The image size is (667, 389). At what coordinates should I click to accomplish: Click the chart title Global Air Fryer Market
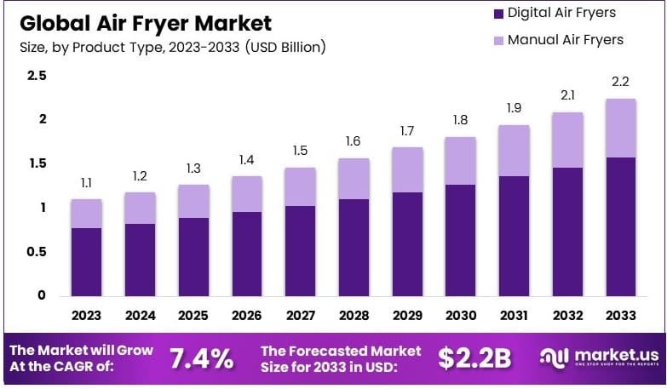[145, 22]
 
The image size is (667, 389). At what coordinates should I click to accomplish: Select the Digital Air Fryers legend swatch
[496, 13]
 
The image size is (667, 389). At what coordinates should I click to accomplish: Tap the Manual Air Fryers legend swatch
[496, 40]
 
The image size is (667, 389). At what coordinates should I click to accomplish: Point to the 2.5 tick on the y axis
[37, 76]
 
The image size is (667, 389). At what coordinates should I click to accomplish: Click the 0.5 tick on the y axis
[37, 251]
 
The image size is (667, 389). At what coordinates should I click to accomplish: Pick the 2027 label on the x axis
[300, 315]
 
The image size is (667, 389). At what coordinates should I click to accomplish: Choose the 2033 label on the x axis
[621, 315]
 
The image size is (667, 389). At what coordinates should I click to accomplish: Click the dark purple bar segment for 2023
[86, 262]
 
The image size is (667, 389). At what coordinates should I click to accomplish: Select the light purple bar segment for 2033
[621, 128]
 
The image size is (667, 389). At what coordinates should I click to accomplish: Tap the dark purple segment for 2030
[461, 240]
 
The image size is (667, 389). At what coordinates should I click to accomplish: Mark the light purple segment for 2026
[246, 194]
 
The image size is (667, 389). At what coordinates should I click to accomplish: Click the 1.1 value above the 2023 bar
[86, 182]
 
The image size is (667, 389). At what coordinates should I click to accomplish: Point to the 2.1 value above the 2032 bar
[567, 94]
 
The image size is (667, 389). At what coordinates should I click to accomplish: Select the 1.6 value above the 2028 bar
[354, 140]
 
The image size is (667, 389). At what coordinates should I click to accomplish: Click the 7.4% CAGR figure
[202, 358]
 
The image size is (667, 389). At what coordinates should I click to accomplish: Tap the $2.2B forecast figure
[474, 358]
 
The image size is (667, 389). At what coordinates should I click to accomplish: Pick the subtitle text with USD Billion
[172, 46]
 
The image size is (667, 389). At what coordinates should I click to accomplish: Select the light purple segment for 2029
[407, 169]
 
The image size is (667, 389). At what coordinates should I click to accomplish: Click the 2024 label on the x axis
[140, 315]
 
